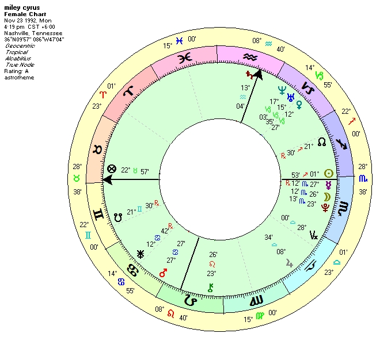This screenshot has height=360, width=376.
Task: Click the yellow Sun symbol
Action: pyautogui.click(x=329, y=173)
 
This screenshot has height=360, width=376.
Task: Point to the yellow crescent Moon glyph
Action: pyautogui.click(x=326, y=197)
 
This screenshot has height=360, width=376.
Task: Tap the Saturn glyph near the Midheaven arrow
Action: pyautogui.click(x=249, y=75)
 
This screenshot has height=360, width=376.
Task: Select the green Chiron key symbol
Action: pyautogui.click(x=211, y=288)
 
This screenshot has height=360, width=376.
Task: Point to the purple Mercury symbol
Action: pyautogui.click(x=329, y=185)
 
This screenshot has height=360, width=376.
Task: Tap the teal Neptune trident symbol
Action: pyautogui.click(x=282, y=90)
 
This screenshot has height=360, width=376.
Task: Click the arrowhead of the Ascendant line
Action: pyautogui.click(x=105, y=179)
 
